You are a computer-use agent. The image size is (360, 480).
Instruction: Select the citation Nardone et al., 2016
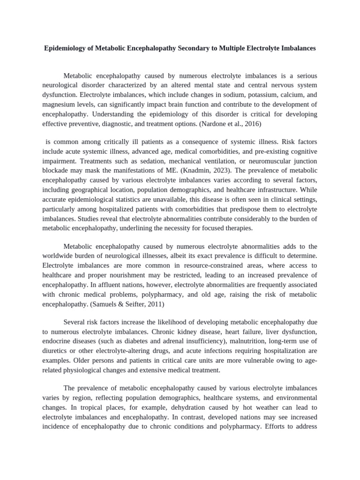pos(229,124)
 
